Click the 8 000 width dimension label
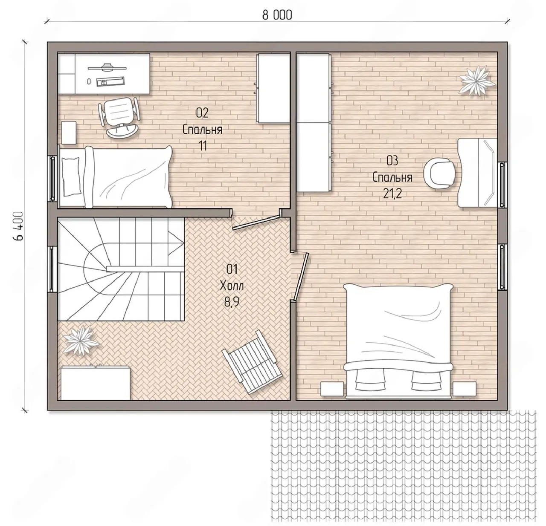point(277,15)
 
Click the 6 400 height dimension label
point(18,226)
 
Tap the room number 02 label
point(202,113)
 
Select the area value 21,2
point(392,194)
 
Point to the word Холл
point(232,286)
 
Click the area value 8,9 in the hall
point(232,302)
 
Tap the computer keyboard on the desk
point(110,81)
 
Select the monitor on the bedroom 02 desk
point(106,67)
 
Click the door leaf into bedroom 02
point(256,223)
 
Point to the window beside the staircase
point(52,269)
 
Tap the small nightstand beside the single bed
point(69,133)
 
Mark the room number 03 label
point(392,161)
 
